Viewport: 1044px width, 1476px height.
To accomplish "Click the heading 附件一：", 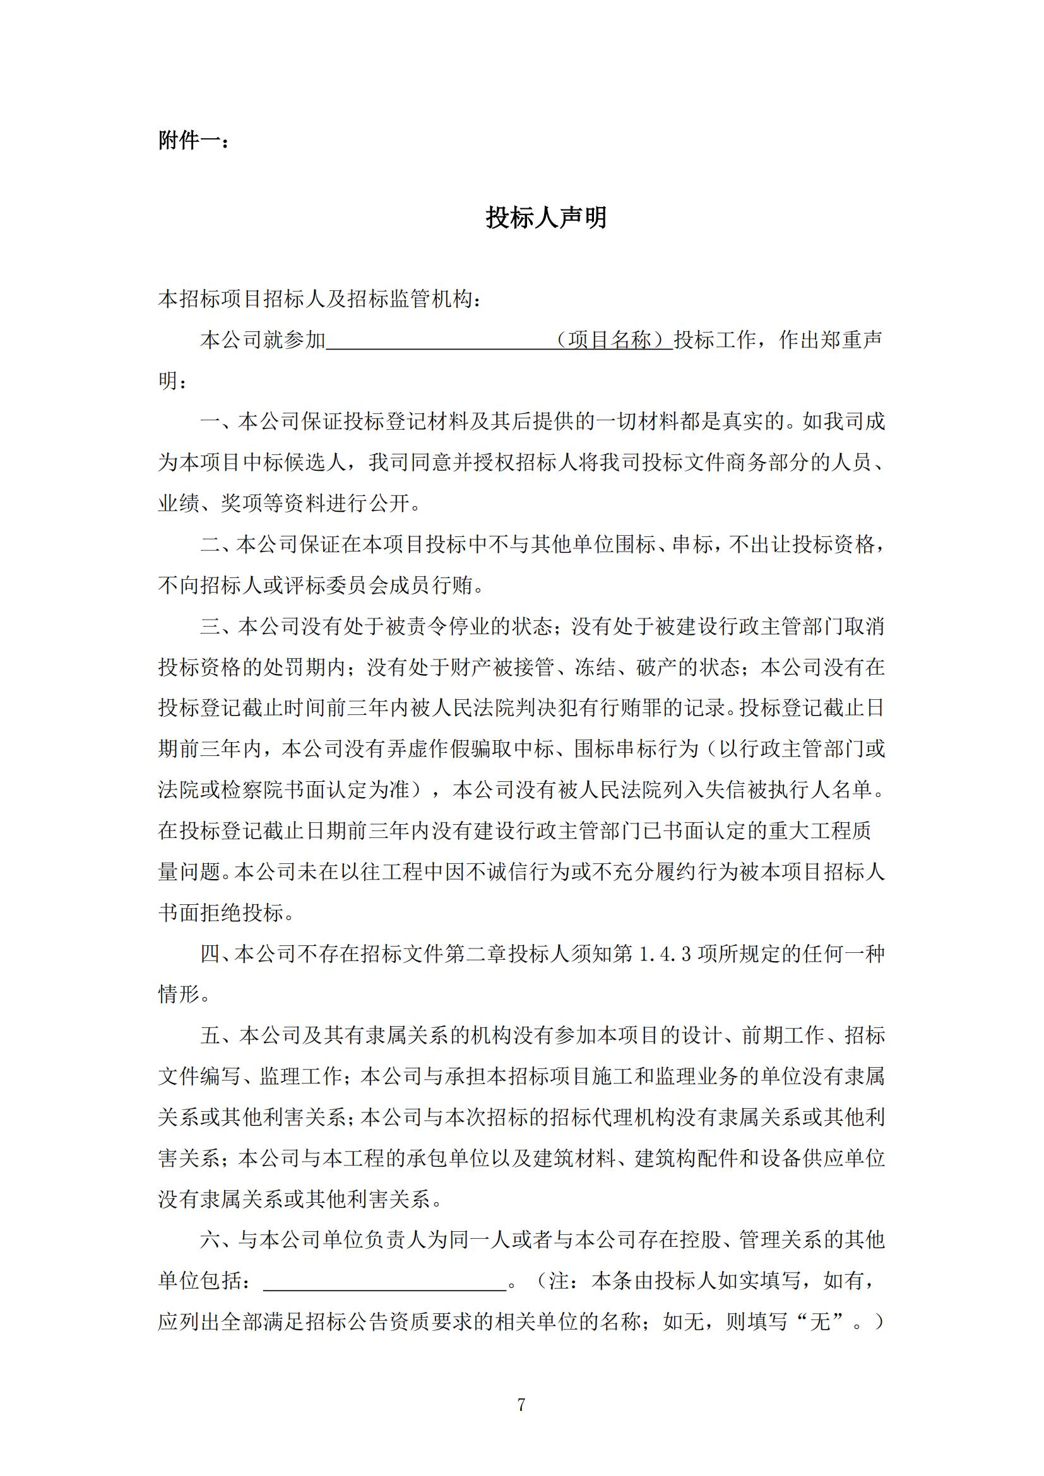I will pyautogui.click(x=194, y=140).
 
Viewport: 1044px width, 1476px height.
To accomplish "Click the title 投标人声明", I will pyautogui.click(x=546, y=217).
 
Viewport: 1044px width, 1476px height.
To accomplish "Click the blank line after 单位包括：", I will pyautogui.click(x=384, y=1281).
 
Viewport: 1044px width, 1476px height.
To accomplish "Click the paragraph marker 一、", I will pyautogui.click(x=218, y=422).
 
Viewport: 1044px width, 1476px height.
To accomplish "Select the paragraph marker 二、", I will pyautogui.click(x=218, y=545).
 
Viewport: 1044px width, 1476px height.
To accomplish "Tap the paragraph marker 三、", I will pyautogui.click(x=218, y=626).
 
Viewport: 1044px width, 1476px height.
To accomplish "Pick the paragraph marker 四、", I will pyautogui.click(x=217, y=954).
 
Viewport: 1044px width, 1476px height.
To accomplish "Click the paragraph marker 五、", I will pyautogui.click(x=218, y=1036).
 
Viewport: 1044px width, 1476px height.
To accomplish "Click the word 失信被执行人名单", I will pyautogui.click(x=789, y=790).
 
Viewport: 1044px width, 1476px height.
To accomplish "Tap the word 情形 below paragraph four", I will pyautogui.click(x=179, y=995).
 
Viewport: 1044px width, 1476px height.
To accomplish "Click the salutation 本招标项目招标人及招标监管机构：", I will pyautogui.click(x=319, y=299).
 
